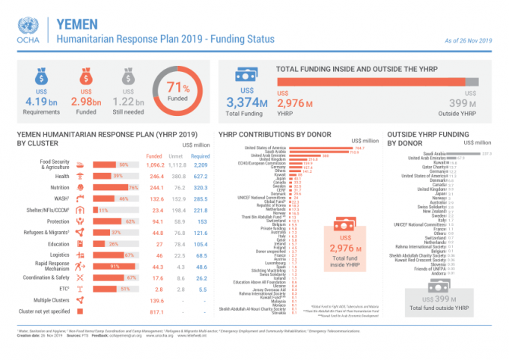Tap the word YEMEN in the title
pyautogui.click(x=79, y=22)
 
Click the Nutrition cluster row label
pyautogui.click(x=61, y=187)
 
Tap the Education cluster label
pyautogui.click(x=59, y=244)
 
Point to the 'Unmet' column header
pyautogui.click(x=178, y=156)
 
